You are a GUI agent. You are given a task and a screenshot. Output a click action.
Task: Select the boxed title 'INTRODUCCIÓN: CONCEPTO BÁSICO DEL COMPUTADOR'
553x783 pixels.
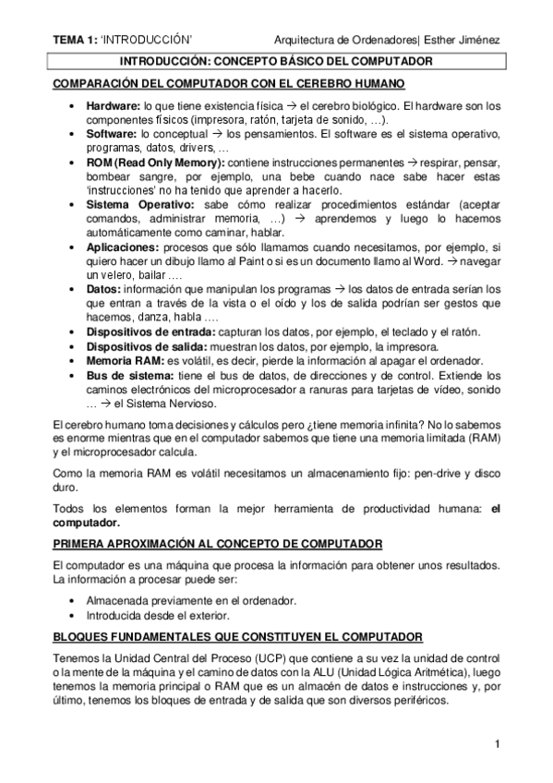(278, 62)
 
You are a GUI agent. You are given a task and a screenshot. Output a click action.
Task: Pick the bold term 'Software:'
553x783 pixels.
(112, 135)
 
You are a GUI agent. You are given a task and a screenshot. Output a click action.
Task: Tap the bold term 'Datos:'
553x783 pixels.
(103, 289)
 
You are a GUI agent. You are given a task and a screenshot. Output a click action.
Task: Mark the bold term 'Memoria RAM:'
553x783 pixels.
(126, 360)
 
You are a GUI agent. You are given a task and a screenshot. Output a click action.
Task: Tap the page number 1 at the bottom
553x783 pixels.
(497, 744)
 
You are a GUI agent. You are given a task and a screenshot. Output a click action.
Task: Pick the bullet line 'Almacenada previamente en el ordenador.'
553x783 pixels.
(191, 601)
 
